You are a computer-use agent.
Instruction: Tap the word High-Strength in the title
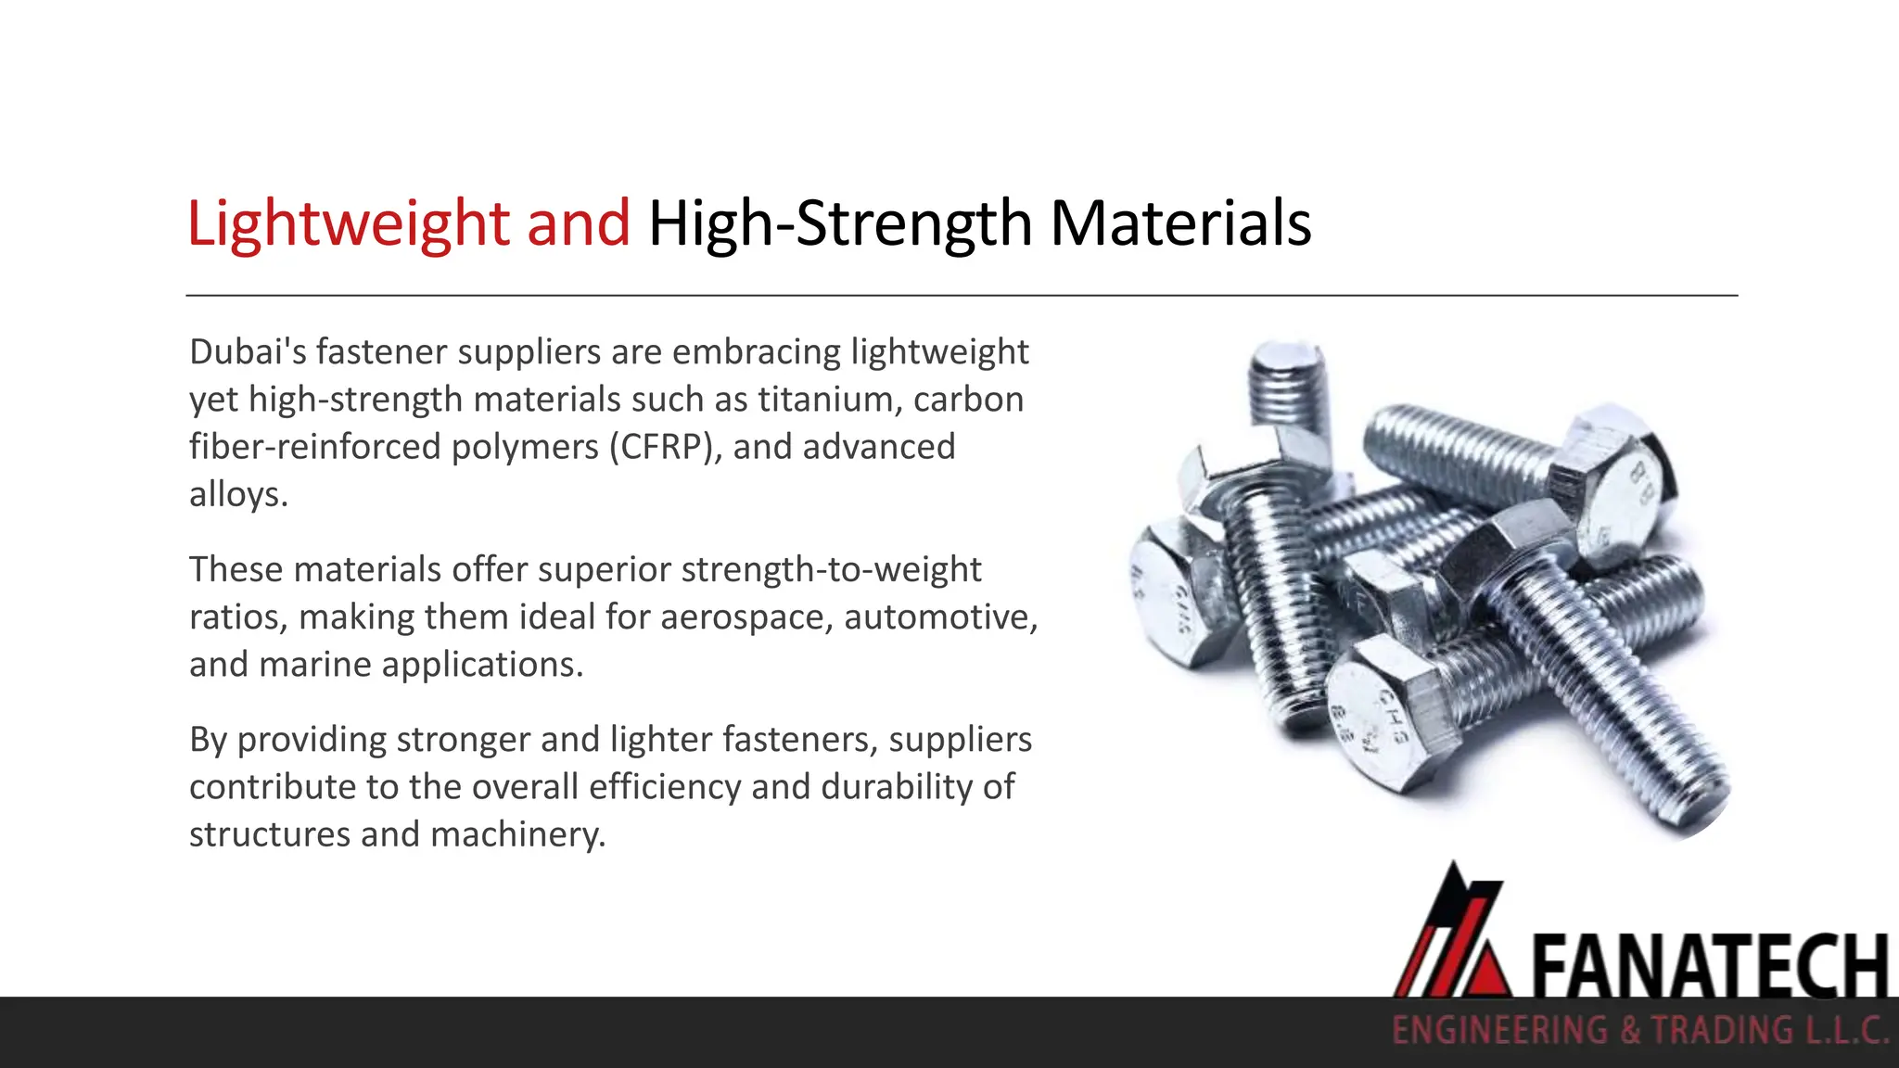pyautogui.click(x=840, y=223)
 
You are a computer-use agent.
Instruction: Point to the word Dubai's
pyautogui.click(x=247, y=352)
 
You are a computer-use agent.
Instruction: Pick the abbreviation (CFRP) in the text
pyautogui.click(x=665, y=447)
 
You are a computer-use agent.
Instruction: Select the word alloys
pyautogui.click(x=237, y=494)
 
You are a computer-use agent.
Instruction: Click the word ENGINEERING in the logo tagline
pyautogui.click(x=1500, y=1031)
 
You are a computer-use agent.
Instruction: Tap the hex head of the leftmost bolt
pyautogui.click(x=1173, y=593)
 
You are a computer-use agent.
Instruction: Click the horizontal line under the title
pyautogui.click(x=961, y=296)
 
